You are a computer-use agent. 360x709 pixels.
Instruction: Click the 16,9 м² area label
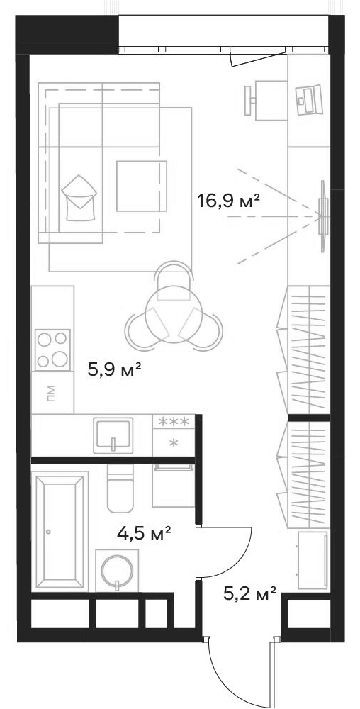[229, 199]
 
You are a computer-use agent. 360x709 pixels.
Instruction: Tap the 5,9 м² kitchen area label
[116, 372]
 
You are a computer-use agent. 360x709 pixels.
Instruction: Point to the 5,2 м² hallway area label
[249, 592]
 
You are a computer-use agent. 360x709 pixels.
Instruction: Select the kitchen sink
[113, 435]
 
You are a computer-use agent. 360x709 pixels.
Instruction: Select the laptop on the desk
[310, 99]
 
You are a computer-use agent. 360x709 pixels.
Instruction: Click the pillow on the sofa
[79, 198]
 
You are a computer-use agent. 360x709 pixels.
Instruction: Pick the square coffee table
[142, 186]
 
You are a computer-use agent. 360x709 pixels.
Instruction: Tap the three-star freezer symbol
[174, 421]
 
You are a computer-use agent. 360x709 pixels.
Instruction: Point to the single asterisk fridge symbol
[174, 442]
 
